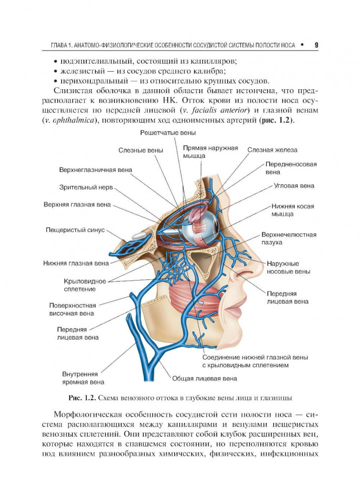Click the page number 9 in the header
coord(316,45)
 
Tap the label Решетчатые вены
coord(168,133)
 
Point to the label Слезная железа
coord(272,150)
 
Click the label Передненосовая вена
coord(291,168)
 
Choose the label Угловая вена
coord(294,186)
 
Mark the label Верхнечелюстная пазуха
coord(289,238)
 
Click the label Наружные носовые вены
coord(288,267)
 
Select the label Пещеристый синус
coord(75,230)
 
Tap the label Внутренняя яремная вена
coord(80,377)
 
